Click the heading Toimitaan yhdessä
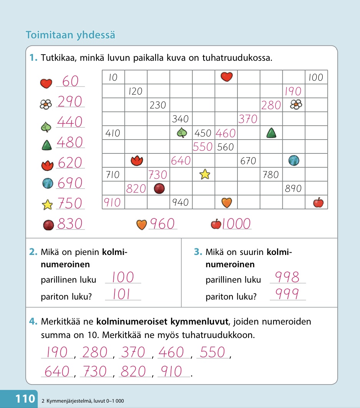(70, 35)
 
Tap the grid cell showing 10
(113, 78)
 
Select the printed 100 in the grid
(316, 78)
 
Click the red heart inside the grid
(227, 77)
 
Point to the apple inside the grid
(318, 202)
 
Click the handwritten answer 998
(287, 277)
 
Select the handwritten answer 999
(287, 294)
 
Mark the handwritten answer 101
(122, 294)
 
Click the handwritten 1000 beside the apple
(236, 224)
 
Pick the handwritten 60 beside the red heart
(70, 82)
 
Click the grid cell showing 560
(226, 147)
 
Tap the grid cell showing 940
(181, 202)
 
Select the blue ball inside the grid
(294, 160)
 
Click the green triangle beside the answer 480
(47, 145)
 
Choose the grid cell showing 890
(293, 188)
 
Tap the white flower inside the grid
(295, 105)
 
